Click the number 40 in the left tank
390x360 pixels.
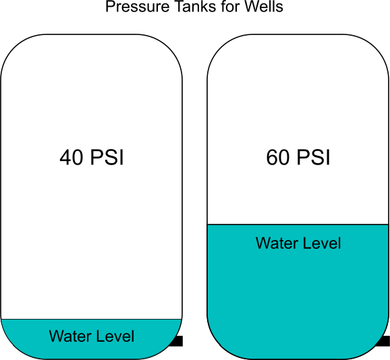click(x=71, y=157)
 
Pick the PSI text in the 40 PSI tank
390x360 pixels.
click(x=107, y=157)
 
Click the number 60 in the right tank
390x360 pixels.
click(x=278, y=157)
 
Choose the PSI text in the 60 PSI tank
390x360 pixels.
click(x=314, y=157)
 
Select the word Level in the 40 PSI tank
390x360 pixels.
click(x=115, y=336)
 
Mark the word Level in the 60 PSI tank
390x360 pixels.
click(x=322, y=243)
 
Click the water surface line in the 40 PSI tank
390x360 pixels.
click(x=92, y=319)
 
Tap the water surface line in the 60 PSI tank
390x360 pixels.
click(x=298, y=224)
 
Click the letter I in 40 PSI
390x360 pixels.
click(x=121, y=157)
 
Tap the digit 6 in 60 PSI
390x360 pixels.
click(x=272, y=157)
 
